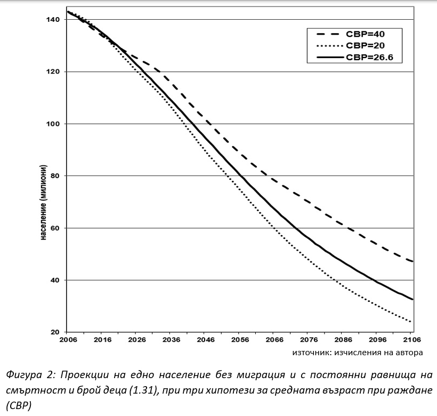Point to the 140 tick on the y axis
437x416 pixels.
click(x=54, y=20)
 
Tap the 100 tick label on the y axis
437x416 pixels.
click(x=54, y=124)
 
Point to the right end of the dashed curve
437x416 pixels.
click(x=413, y=261)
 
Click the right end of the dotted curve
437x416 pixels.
click(x=411, y=322)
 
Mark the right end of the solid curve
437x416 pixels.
click(x=413, y=299)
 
